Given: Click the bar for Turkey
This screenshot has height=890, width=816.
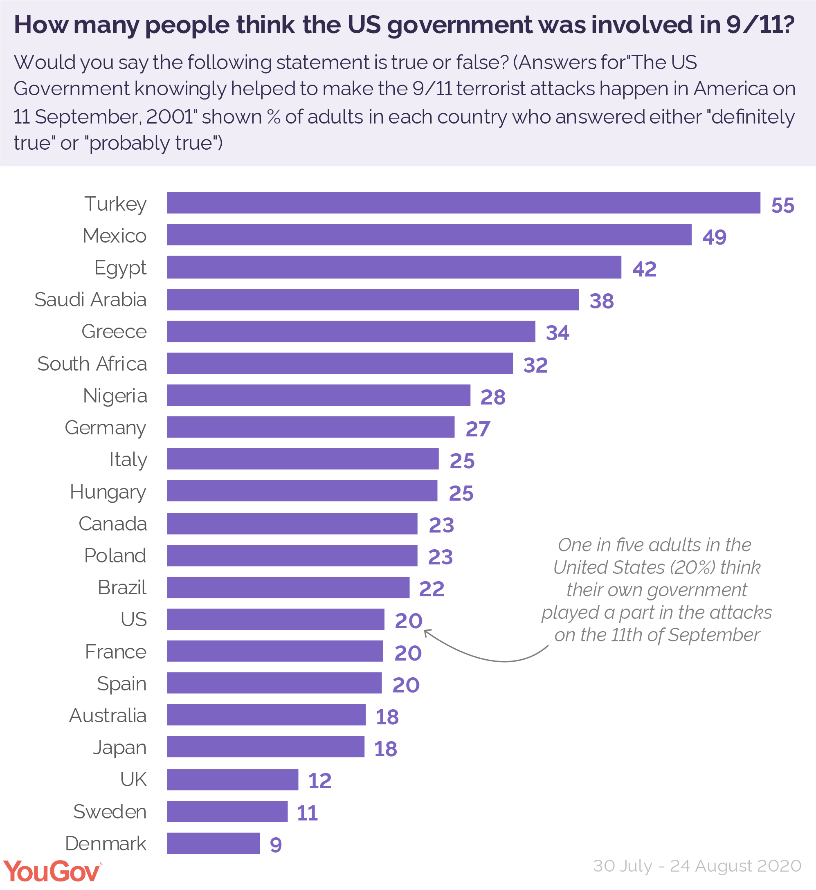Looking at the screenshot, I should point(464,203).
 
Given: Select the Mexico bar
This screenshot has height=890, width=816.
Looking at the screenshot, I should point(429,235).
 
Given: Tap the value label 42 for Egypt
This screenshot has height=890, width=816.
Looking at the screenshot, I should point(644,269).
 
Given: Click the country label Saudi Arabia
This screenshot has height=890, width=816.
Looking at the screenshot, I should point(90,300).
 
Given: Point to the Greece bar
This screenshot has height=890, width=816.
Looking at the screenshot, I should point(351,332).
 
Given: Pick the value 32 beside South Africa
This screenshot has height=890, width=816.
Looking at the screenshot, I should point(535,365).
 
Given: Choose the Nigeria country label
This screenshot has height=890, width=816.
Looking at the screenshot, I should point(115,396).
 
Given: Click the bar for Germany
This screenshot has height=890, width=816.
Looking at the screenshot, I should point(310,427).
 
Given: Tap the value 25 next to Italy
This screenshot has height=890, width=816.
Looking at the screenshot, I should point(462,461).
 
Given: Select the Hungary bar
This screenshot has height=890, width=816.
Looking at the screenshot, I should point(302,491).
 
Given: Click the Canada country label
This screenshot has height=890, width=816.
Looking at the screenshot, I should point(112,524).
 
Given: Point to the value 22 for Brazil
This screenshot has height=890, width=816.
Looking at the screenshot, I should point(432,589).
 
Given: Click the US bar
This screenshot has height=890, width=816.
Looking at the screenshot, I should point(276,619).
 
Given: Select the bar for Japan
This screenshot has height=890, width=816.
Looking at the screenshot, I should point(266,747).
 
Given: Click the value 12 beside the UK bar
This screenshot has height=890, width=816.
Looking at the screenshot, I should point(320,781).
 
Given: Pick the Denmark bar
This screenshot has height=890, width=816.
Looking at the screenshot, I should point(213,844).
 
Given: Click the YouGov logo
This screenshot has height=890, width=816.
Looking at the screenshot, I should point(52,872).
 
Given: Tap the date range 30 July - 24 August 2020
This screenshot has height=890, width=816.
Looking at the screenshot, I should point(697,866).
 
